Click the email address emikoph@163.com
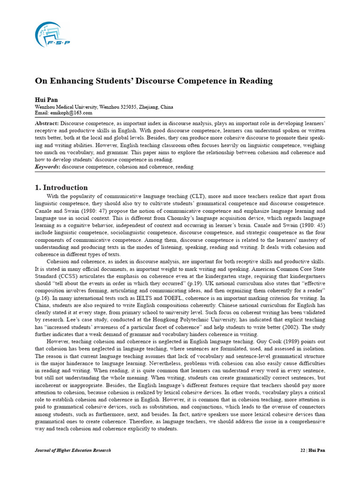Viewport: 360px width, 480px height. coord(72,113)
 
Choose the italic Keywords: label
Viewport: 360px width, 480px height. coord(48,166)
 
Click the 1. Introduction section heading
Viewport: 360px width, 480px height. coord(61,187)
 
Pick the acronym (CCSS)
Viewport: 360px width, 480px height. coord(68,276)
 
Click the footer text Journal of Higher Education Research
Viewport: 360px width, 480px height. coord(73,450)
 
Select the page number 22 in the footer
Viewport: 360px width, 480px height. coord(302,450)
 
